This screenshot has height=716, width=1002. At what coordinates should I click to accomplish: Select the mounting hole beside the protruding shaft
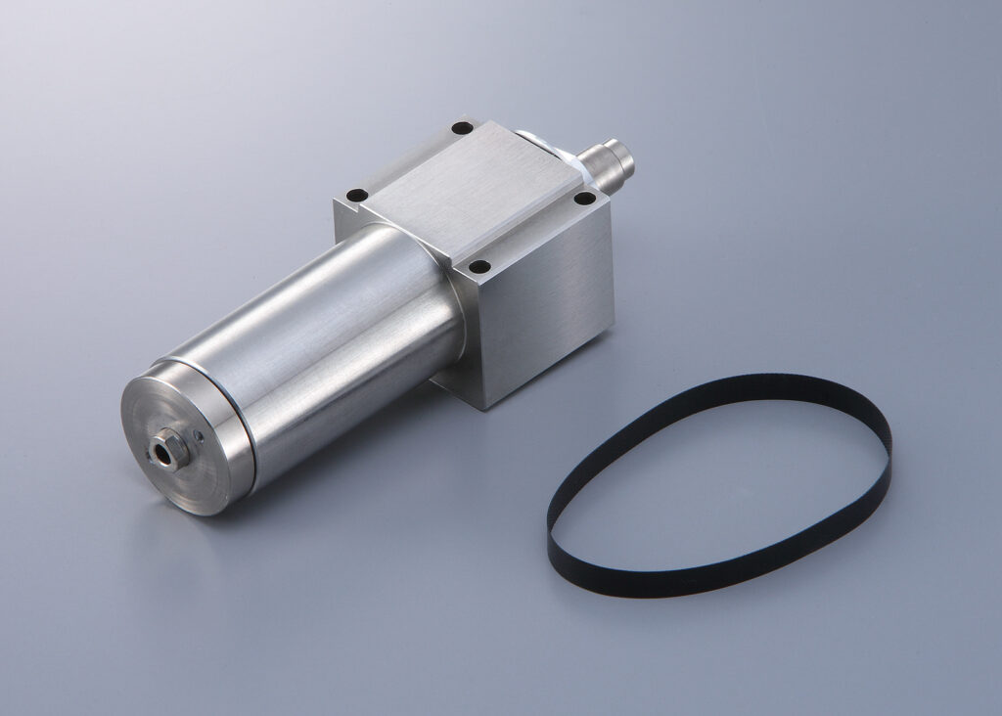click(x=584, y=199)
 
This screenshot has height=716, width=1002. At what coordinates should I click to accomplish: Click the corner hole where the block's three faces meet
click(x=479, y=265)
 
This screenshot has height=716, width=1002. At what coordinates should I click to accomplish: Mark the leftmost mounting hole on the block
click(x=358, y=194)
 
